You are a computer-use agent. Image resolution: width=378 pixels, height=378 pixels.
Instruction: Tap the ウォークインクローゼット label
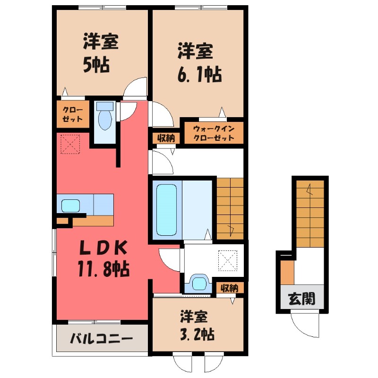tap(214, 133)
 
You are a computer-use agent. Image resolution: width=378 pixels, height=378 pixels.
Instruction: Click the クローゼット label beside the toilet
tap(73, 114)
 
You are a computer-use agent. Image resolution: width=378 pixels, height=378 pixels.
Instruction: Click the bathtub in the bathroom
tap(166, 209)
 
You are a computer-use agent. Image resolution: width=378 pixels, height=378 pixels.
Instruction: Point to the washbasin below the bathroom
tap(198, 283)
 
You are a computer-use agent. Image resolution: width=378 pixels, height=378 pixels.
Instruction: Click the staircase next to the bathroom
tap(230, 208)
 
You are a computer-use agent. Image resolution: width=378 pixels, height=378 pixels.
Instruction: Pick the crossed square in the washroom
tap(226, 259)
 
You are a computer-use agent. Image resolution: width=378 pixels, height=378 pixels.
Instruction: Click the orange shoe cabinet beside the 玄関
tap(287, 272)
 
